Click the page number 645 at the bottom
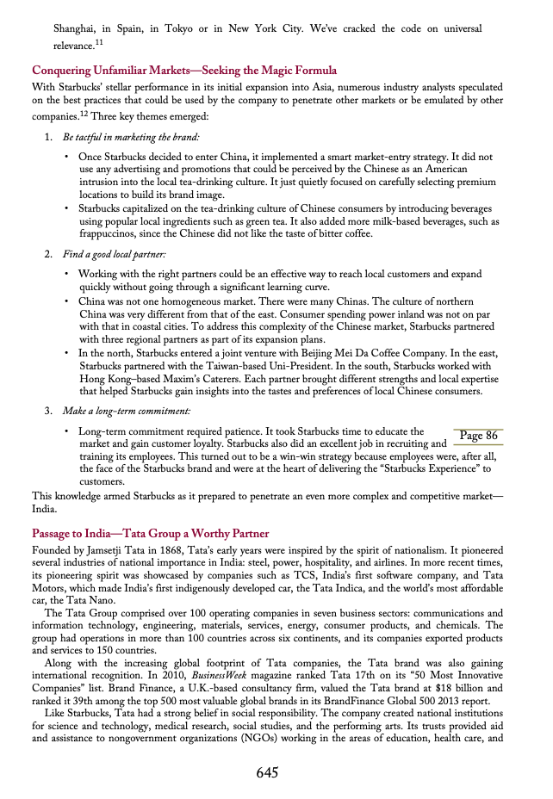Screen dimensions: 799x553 click(x=267, y=772)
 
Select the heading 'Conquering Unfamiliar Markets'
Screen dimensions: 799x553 click(x=183, y=70)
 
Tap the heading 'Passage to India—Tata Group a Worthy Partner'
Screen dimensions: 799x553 click(x=150, y=534)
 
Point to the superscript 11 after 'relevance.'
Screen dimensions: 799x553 click(x=99, y=40)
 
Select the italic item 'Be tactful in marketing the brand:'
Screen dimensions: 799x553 click(x=131, y=138)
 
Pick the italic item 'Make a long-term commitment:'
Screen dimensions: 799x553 click(x=126, y=411)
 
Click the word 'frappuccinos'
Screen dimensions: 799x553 click(x=109, y=232)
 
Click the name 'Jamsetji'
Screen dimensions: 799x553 click(x=113, y=549)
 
